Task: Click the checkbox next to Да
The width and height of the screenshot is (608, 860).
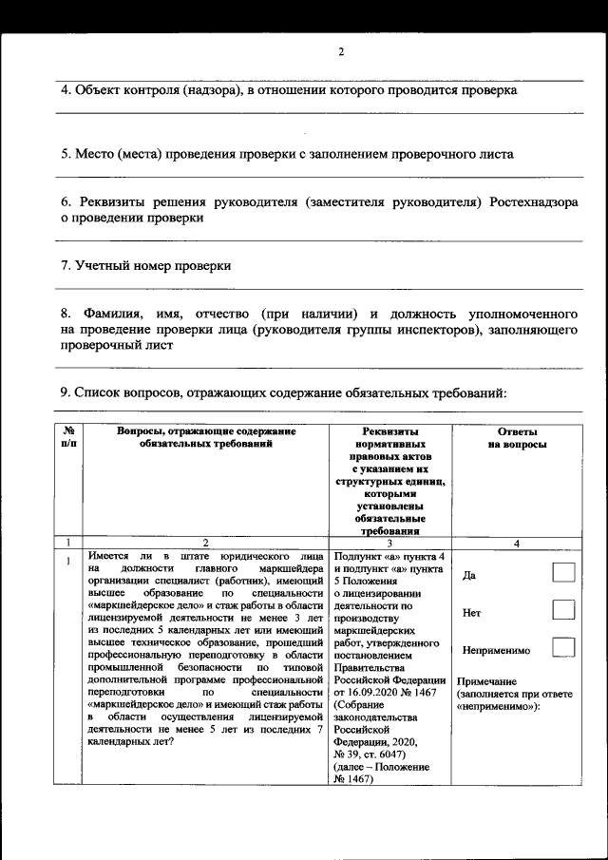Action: (x=564, y=573)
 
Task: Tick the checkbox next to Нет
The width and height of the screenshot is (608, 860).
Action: (x=564, y=610)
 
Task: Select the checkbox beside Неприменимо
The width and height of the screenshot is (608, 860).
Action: (x=564, y=648)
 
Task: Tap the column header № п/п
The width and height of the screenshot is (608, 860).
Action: (x=68, y=438)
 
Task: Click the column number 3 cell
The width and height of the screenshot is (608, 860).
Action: (x=389, y=543)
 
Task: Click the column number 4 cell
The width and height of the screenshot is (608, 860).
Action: (x=516, y=543)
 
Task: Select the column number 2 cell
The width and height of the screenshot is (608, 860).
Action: (x=205, y=543)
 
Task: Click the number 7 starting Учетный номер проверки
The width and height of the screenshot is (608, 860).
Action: (x=64, y=266)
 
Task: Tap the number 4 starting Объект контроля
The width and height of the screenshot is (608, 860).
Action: (x=64, y=90)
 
